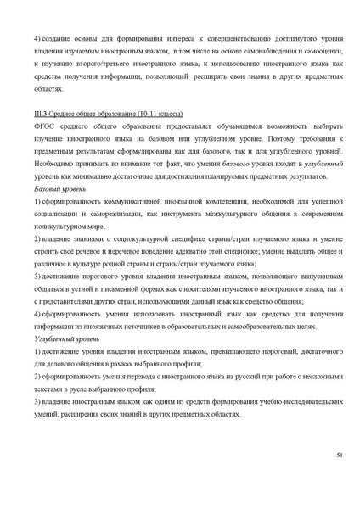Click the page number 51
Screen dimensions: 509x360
339,456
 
